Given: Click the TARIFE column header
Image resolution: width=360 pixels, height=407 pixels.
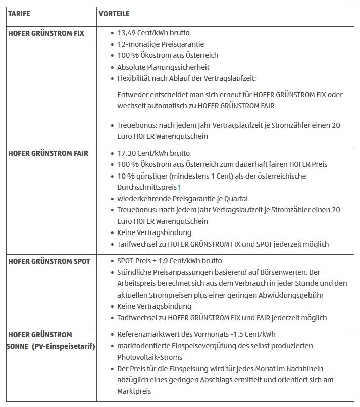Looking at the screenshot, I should (19, 14).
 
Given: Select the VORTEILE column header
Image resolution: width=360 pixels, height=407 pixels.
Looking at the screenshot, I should (115, 14).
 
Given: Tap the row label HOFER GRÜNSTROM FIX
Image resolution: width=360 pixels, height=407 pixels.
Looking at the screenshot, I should (46, 33).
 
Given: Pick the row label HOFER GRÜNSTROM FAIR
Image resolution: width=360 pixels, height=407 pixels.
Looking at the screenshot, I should (48, 153).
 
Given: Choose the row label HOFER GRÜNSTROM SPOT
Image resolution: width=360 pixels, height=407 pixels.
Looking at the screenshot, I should (49, 261).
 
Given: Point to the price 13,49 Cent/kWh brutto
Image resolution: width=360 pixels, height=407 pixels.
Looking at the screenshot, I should (153, 33).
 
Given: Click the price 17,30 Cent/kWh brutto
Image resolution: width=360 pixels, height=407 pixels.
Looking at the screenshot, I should (153, 153).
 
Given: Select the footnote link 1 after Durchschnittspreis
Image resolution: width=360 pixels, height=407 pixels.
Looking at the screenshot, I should (179, 187).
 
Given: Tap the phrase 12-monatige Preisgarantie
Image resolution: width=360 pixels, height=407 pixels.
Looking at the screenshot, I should (161, 44).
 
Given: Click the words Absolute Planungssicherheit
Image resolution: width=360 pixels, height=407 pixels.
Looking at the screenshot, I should (163, 67).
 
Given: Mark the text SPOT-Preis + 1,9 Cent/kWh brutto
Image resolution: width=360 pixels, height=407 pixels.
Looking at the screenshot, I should (169, 261).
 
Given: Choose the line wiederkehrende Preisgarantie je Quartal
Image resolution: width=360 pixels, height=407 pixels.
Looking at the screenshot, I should (182, 199).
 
